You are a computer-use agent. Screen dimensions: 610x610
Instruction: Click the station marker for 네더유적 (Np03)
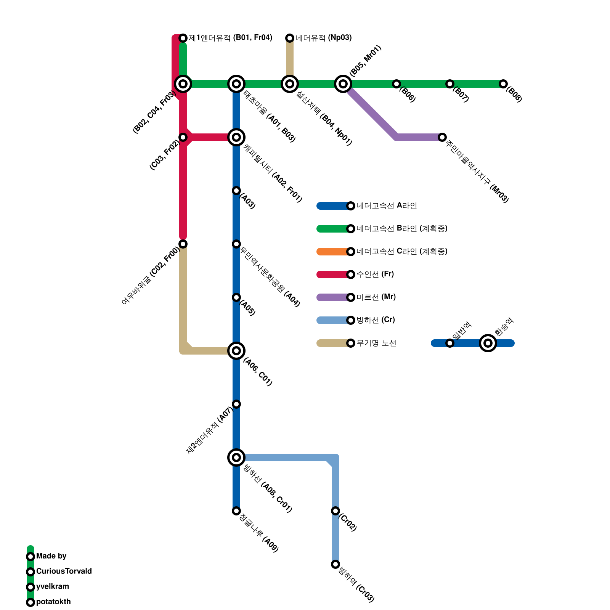click(x=290, y=38)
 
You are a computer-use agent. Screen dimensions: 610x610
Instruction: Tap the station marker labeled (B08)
click(x=503, y=84)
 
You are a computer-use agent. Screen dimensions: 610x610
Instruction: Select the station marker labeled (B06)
click(x=396, y=84)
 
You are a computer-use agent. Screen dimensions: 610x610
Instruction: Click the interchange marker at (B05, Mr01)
click(x=343, y=84)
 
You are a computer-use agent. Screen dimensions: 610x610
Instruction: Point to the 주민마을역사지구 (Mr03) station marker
click(x=442, y=137)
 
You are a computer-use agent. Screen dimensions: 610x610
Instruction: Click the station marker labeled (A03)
click(x=236, y=191)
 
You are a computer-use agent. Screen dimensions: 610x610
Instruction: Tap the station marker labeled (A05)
click(x=236, y=297)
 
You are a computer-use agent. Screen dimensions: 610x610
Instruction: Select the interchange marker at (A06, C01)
click(x=236, y=351)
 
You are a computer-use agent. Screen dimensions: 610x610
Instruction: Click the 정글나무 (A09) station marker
click(x=236, y=511)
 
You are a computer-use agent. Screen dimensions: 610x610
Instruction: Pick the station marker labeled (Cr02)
click(x=335, y=511)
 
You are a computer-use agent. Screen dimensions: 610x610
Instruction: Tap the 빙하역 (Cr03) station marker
click(x=335, y=564)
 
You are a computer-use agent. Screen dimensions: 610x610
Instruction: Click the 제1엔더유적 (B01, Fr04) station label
click(x=230, y=38)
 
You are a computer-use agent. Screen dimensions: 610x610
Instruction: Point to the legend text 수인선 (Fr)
click(x=375, y=274)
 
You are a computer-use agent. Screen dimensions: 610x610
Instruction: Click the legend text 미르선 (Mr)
click(x=376, y=297)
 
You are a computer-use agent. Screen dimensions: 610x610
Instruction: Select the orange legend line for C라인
click(x=332, y=252)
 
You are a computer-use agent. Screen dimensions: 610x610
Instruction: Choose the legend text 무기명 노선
click(x=376, y=343)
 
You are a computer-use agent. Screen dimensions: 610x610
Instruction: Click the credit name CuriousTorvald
click(x=64, y=571)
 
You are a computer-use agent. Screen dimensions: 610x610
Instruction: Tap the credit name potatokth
click(x=53, y=602)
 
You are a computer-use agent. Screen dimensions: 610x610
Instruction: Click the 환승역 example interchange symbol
click(x=488, y=343)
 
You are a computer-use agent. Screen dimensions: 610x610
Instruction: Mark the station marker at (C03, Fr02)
click(x=183, y=137)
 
